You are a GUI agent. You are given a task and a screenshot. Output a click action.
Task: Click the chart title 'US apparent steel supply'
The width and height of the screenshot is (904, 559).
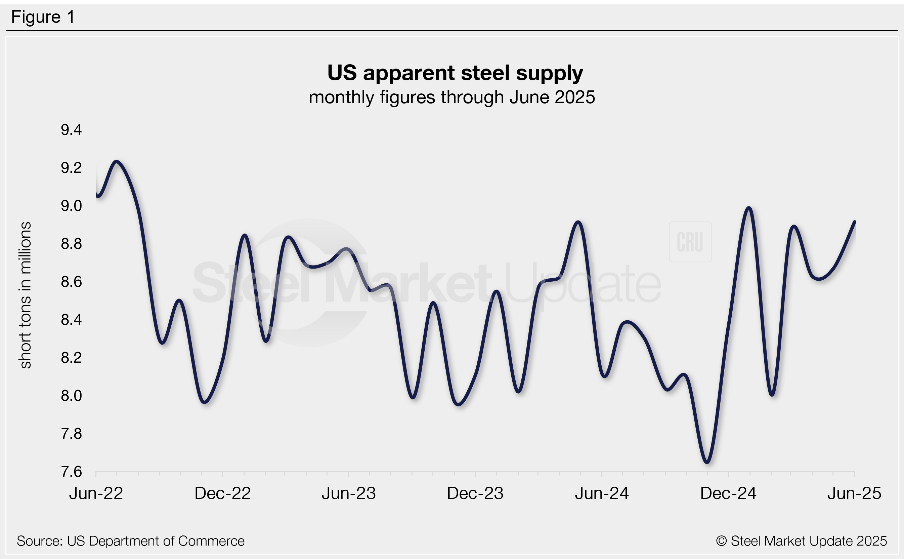[x=455, y=73]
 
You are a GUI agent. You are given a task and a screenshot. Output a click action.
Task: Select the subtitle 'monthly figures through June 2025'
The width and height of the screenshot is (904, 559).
[x=452, y=97]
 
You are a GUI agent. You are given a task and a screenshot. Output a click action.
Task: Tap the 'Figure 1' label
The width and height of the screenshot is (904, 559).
[x=43, y=17]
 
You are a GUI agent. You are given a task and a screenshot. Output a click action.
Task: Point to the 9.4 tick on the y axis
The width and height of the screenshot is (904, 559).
[x=71, y=130]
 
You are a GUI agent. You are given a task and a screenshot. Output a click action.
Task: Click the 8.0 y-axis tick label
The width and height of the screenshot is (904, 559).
[x=71, y=396]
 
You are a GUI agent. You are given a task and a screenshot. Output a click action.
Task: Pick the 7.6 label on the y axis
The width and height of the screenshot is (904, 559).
[x=71, y=472]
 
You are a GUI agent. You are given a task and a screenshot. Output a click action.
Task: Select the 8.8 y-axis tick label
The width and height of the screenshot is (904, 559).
[x=71, y=244]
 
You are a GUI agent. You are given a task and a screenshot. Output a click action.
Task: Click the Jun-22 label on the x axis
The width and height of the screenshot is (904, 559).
[x=96, y=493]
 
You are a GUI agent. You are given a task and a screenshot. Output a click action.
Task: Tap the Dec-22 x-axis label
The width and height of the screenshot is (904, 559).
[x=222, y=493]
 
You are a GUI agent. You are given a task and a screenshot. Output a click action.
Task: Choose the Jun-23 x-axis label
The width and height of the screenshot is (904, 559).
[x=348, y=493]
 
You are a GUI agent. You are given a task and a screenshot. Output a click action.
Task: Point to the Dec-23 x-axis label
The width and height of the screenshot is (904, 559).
[x=475, y=493]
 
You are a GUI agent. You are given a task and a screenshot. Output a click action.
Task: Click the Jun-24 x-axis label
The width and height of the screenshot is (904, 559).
[x=601, y=493]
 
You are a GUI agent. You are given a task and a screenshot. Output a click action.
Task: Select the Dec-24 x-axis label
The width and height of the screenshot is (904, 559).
[x=728, y=493]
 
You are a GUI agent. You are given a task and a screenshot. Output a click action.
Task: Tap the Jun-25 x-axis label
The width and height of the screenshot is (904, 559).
[x=854, y=493]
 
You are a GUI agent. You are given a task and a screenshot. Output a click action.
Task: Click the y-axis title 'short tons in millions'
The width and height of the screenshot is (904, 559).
[x=25, y=295]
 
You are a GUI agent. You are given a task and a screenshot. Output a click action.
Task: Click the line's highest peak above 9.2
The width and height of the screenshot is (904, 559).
[x=117, y=162]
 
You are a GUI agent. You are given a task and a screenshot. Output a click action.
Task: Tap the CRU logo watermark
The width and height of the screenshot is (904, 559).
[x=690, y=242]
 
